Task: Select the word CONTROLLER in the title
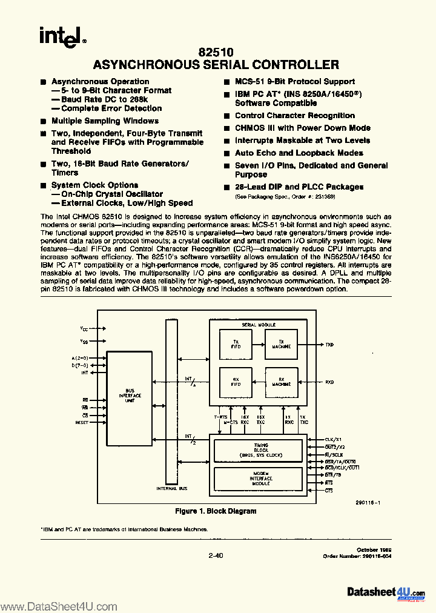(299, 65)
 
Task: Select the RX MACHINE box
(282, 383)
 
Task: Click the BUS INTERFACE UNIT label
(134, 395)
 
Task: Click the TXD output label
(329, 345)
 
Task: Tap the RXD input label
(329, 382)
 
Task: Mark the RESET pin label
(82, 422)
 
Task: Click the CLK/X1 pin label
(334, 440)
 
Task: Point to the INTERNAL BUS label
(167, 488)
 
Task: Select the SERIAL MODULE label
(256, 325)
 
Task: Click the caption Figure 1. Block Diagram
(215, 511)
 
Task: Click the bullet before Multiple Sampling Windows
(44, 121)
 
